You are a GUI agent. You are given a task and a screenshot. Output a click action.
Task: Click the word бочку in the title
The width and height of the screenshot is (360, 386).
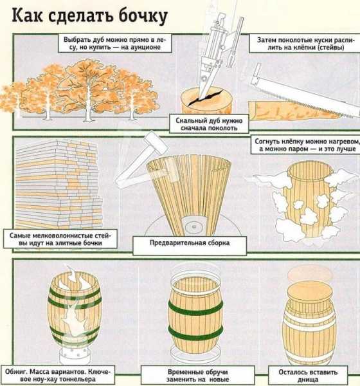pyautogui.click(x=143, y=16)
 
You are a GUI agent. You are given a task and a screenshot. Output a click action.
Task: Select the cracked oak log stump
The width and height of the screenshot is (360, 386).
pyautogui.click(x=206, y=102)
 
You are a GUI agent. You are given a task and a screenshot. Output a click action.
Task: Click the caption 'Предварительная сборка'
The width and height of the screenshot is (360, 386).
pyautogui.click(x=190, y=243)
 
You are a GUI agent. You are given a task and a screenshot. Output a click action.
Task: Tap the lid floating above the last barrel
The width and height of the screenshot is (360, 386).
pyautogui.click(x=310, y=274)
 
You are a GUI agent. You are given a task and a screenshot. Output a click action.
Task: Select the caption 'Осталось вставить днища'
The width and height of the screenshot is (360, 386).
pyautogui.click(x=308, y=376)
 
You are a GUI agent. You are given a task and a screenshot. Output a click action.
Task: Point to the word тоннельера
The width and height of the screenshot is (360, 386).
pyautogui.click(x=77, y=379)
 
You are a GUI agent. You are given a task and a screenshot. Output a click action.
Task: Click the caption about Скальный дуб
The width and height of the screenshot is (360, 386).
pyautogui.click(x=209, y=124)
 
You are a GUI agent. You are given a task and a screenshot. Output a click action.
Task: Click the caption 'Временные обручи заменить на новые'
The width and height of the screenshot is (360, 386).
pyautogui.click(x=198, y=376)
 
